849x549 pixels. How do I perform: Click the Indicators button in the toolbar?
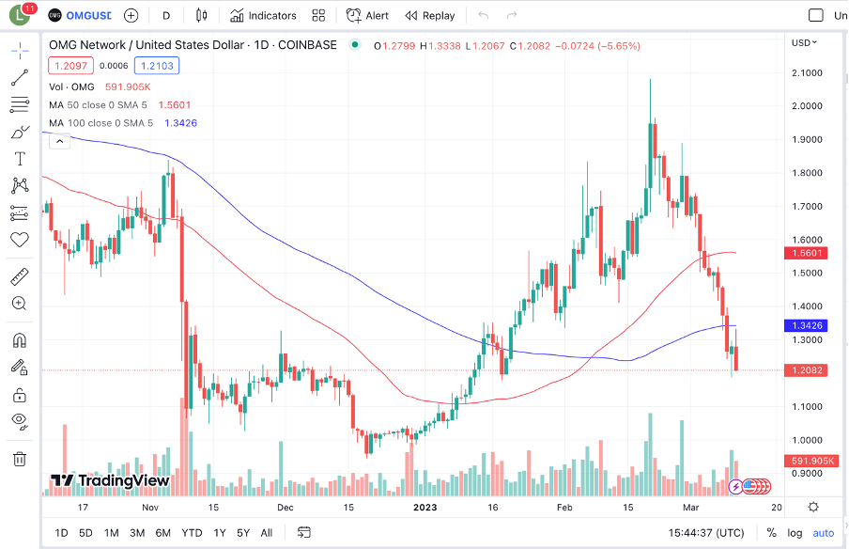click(264, 15)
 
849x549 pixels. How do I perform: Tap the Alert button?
click(367, 15)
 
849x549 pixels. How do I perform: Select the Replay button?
click(430, 15)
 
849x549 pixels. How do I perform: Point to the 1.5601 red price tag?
click(805, 253)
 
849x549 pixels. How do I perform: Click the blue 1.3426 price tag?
click(805, 325)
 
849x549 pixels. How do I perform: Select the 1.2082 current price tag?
click(805, 370)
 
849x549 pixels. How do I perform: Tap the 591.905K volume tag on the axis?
click(805, 461)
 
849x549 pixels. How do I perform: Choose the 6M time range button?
click(163, 533)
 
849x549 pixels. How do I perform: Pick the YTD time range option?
click(192, 533)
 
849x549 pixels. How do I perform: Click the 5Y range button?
click(243, 533)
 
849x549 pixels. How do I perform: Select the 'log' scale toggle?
click(795, 533)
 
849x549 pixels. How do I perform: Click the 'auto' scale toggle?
click(823, 533)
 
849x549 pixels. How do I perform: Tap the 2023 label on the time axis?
click(426, 507)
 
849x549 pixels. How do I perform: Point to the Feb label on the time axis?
click(564, 507)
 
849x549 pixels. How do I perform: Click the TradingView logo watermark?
click(110, 480)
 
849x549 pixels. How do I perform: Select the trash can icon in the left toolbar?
click(20, 459)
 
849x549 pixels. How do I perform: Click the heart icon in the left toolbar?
click(20, 240)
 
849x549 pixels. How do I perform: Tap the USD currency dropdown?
click(804, 42)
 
